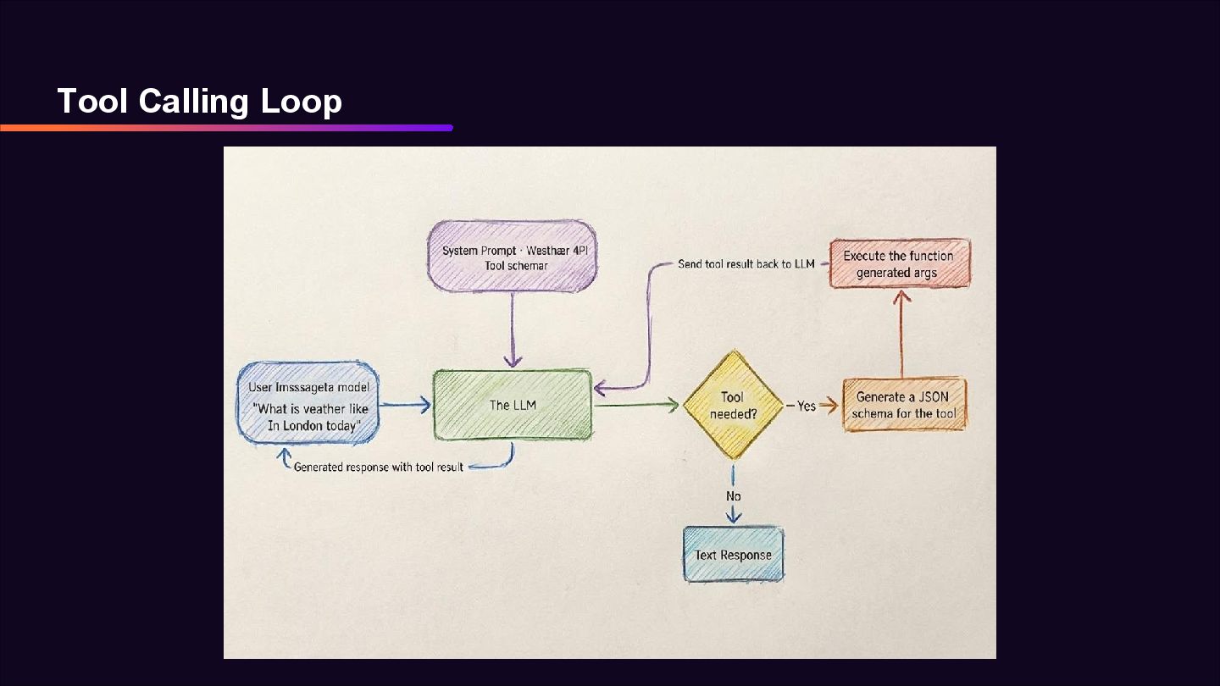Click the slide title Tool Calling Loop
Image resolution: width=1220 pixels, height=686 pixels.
[x=199, y=101]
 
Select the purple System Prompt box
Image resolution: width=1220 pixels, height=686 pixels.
[x=512, y=257]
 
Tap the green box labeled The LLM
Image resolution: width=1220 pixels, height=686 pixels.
[x=512, y=405]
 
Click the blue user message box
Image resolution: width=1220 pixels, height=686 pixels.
[x=308, y=402]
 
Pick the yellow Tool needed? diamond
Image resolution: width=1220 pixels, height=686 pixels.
[x=732, y=405]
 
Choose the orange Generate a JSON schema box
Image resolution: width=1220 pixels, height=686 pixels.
[x=904, y=405]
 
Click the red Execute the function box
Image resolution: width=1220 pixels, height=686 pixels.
[x=899, y=263]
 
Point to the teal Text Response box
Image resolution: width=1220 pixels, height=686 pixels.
[x=733, y=555]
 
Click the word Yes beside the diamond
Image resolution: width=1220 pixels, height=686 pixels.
[x=806, y=406]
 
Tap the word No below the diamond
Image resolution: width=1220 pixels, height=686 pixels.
[x=733, y=495]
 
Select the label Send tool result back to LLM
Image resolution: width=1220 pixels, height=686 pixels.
[x=746, y=264]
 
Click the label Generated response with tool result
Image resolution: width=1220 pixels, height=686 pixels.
[x=378, y=467]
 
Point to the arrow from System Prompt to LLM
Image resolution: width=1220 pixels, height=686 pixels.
[x=512, y=330]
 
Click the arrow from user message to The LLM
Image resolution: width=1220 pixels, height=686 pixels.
[x=406, y=405]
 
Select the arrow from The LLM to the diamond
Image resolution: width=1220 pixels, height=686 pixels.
[x=635, y=405]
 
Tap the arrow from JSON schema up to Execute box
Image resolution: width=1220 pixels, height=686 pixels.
[x=901, y=335]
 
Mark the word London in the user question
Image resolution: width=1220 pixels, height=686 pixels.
[x=308, y=426]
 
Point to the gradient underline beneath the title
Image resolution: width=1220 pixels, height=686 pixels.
[x=226, y=128]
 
